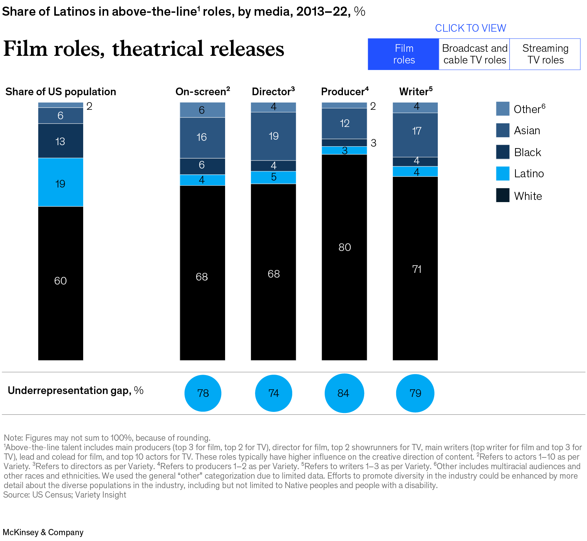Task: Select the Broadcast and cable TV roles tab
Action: pyautogui.click(x=474, y=54)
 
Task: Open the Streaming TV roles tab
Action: pyautogui.click(x=545, y=54)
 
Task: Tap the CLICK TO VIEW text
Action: pyautogui.click(x=470, y=28)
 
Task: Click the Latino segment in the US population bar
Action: pyautogui.click(x=61, y=182)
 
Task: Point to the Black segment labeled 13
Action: pyautogui.click(x=61, y=141)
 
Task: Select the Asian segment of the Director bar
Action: pyautogui.click(x=273, y=136)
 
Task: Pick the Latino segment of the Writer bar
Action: pyautogui.click(x=415, y=171)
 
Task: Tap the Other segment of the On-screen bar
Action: pyautogui.click(x=202, y=110)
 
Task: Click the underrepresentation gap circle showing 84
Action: pyautogui.click(x=344, y=393)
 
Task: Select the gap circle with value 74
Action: pyautogui.click(x=273, y=393)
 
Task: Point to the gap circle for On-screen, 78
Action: pyautogui.click(x=203, y=393)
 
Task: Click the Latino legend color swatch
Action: pyautogui.click(x=502, y=174)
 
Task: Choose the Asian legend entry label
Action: pyautogui.click(x=527, y=131)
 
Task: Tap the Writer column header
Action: pyautogui.click(x=416, y=92)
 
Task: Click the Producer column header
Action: pyautogui.click(x=344, y=92)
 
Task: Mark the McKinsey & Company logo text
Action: pyautogui.click(x=43, y=532)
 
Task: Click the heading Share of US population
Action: pyautogui.click(x=61, y=92)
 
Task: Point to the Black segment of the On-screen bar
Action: pyautogui.click(x=202, y=166)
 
